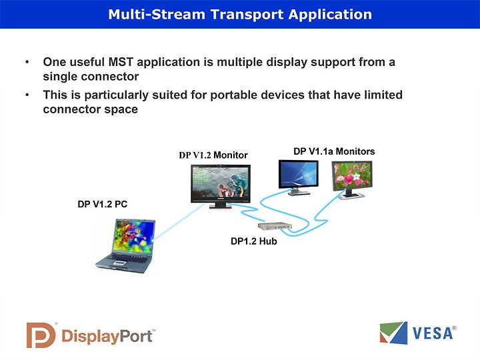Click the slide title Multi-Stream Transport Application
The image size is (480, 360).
point(240,15)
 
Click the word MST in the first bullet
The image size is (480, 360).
point(121,62)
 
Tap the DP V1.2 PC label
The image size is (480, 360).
point(102,204)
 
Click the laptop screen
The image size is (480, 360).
point(133,236)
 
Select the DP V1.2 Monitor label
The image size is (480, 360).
point(213,155)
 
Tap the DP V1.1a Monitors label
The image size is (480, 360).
point(334,151)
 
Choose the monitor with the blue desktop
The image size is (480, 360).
point(298,177)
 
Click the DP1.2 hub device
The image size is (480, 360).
point(275,226)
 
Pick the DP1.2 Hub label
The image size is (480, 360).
point(254,241)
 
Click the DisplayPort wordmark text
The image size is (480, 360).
point(107,337)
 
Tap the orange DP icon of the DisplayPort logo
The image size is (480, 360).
point(41,335)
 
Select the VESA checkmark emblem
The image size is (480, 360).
point(393,333)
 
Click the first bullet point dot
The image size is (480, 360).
point(27,62)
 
